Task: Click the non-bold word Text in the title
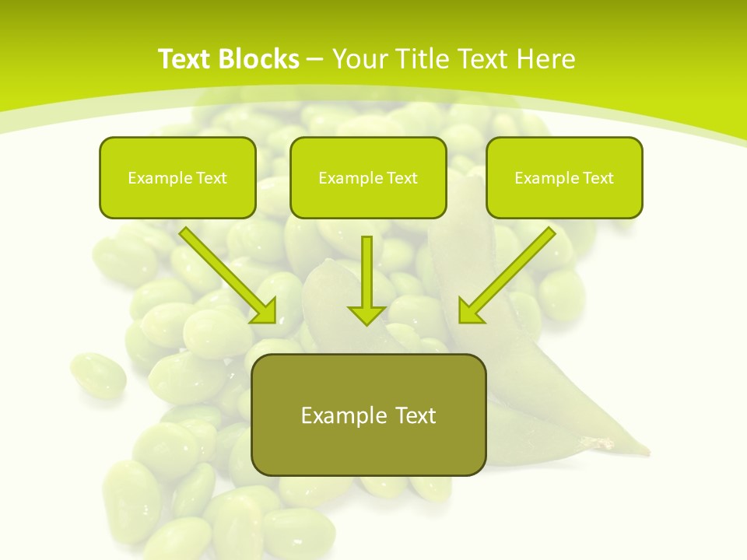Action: click(482, 59)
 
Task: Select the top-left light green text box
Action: click(177, 177)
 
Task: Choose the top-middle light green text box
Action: click(368, 177)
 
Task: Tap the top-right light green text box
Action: click(564, 177)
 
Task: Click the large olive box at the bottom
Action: click(368, 415)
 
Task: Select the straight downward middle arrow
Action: click(366, 280)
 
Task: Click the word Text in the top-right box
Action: click(598, 178)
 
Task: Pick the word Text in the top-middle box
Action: click(402, 178)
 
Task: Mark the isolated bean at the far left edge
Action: click(98, 375)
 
